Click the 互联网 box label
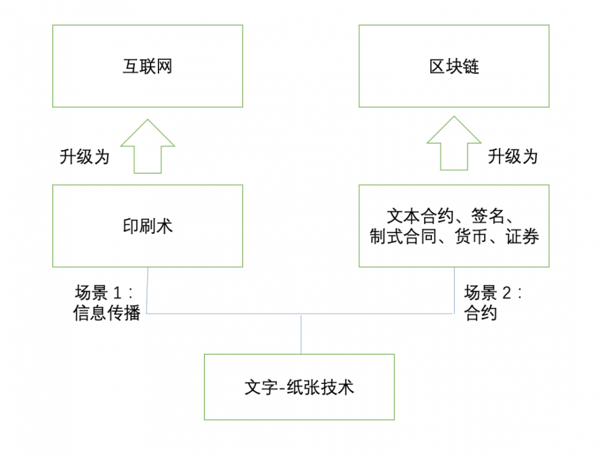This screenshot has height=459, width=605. click(x=148, y=66)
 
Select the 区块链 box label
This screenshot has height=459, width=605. click(x=454, y=66)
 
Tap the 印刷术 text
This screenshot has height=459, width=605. click(x=148, y=226)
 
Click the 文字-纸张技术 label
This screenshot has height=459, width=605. click(x=299, y=387)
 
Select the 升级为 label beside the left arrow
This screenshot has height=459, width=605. click(x=84, y=157)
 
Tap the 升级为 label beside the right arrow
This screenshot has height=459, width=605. click(x=513, y=157)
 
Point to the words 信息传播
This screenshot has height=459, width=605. click(x=106, y=314)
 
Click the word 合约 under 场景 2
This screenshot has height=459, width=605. click(x=480, y=314)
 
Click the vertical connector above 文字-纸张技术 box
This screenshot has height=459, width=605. click(x=301, y=334)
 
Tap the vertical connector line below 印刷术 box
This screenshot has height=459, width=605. click(x=147, y=291)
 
